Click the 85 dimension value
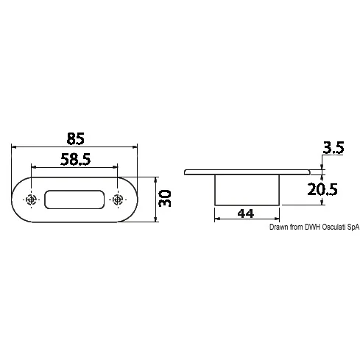(x=76, y=138)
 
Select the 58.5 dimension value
(x=76, y=159)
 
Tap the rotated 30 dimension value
(x=165, y=198)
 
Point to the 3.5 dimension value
(x=333, y=148)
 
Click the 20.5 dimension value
(x=322, y=189)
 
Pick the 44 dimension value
(x=246, y=213)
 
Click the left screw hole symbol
(x=31, y=200)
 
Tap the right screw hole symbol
(x=118, y=200)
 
